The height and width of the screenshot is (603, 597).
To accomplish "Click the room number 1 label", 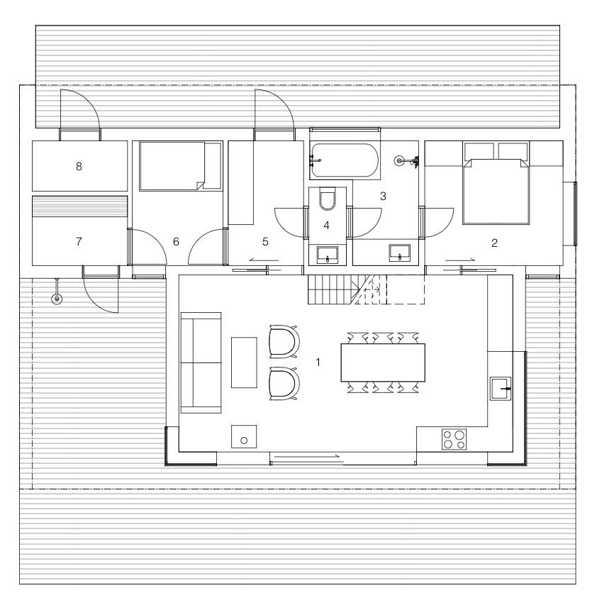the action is (x=318, y=362).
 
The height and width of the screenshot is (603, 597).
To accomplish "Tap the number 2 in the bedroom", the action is (x=494, y=243).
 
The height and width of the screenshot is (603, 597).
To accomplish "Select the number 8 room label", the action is (x=79, y=166).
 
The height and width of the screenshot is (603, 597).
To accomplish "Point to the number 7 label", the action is (x=79, y=241).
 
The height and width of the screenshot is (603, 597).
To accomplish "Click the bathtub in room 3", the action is (x=345, y=160).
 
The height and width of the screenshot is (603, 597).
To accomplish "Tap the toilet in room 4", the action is (x=328, y=199).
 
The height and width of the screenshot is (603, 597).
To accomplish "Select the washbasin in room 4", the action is (x=328, y=255).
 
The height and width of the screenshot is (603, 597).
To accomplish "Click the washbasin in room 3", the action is (x=399, y=253).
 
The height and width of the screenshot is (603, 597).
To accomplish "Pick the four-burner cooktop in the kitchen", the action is (x=454, y=439).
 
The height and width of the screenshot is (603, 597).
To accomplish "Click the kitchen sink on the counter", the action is (x=501, y=389).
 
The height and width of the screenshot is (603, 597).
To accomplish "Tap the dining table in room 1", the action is (x=383, y=363).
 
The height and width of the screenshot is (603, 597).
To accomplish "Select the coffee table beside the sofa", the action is (x=244, y=363).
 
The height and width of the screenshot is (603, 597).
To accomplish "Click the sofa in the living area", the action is (x=201, y=363).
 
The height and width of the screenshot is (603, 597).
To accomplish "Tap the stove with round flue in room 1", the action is (x=244, y=436).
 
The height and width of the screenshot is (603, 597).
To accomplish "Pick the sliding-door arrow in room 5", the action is (x=263, y=260).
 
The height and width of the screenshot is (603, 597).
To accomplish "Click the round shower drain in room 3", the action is (x=400, y=160).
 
